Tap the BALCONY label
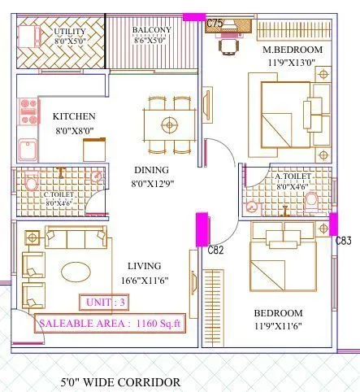point(151,30)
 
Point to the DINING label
point(151,170)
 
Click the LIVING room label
point(144,266)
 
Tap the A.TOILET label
point(290,176)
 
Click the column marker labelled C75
point(215,24)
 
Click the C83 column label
point(344,241)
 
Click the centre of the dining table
point(169,125)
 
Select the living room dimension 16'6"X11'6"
point(145,280)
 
